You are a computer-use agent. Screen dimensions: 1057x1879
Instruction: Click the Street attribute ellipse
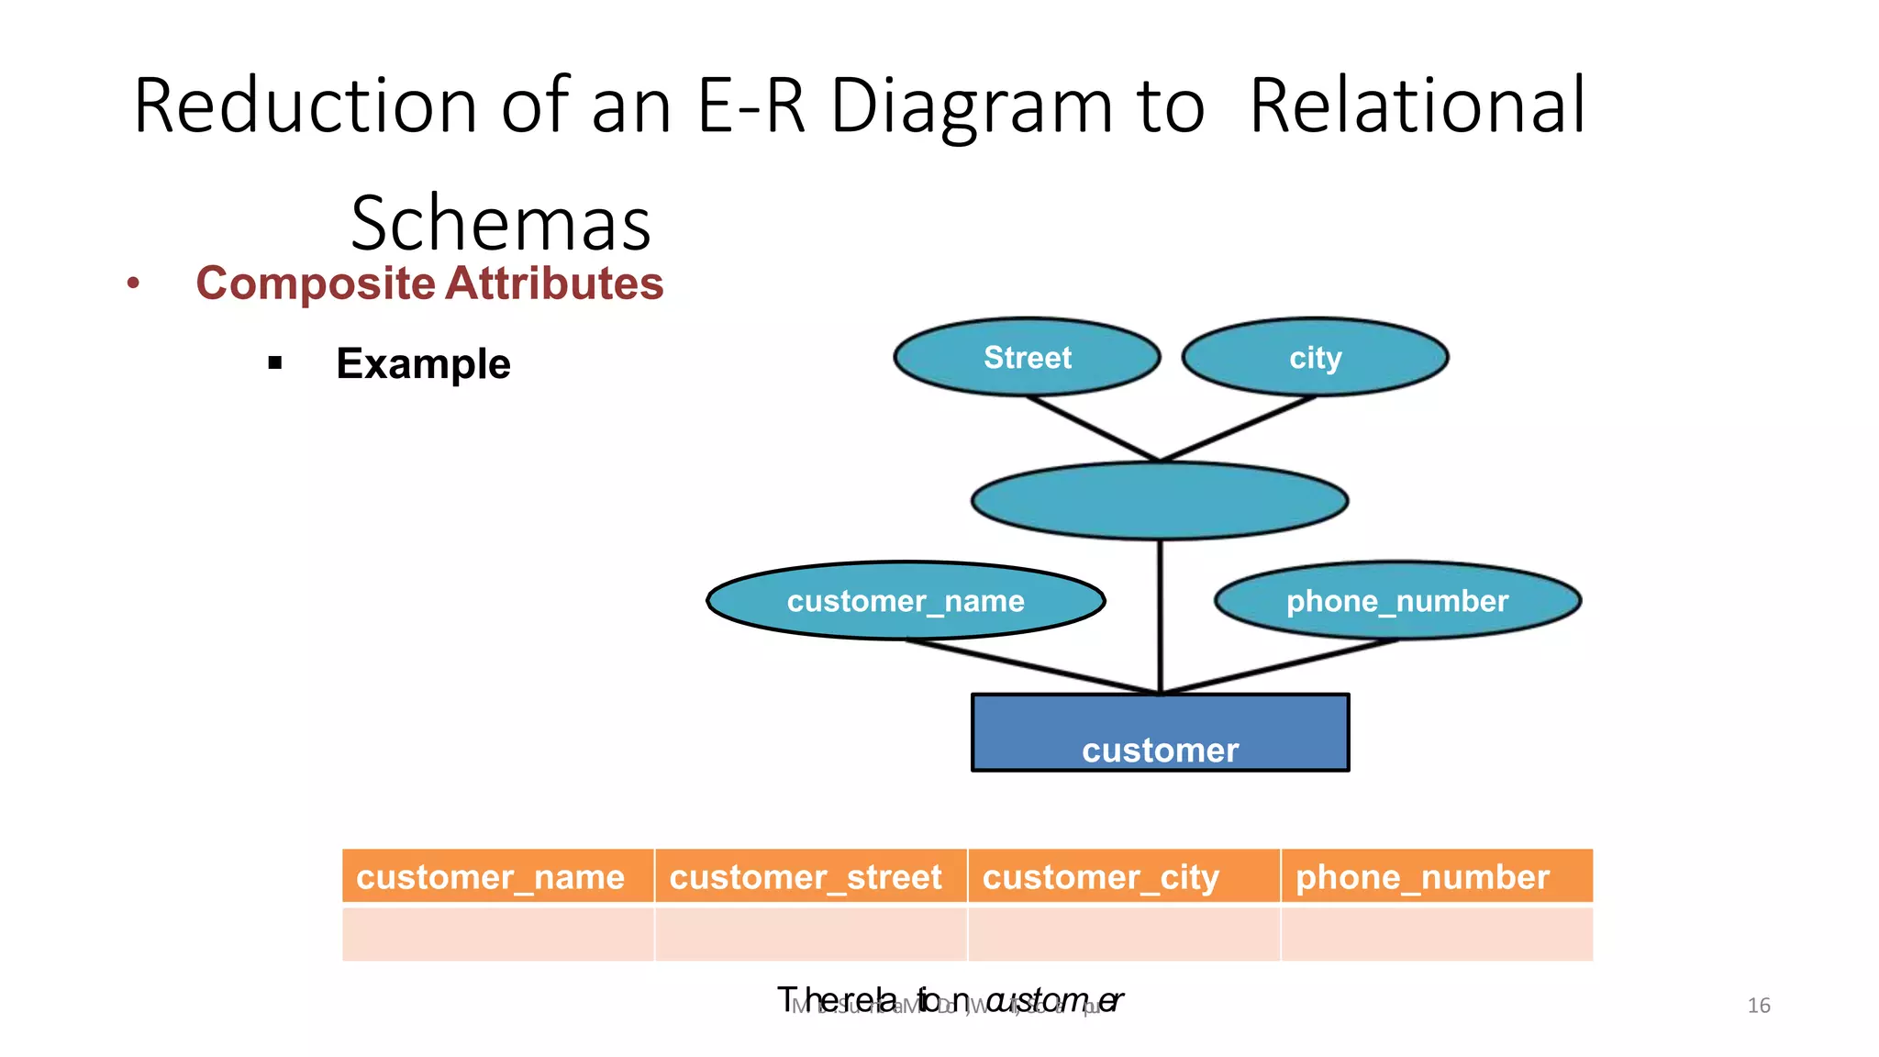(x=1027, y=357)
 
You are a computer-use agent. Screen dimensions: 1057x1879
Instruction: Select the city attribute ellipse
(x=1315, y=357)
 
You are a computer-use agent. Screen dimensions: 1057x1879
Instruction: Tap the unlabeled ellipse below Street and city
(x=1160, y=501)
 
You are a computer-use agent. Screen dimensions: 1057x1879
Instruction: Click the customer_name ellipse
(x=906, y=601)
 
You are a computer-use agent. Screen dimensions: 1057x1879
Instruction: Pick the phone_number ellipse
(x=1397, y=601)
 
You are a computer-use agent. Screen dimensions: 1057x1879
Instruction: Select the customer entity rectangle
(x=1160, y=732)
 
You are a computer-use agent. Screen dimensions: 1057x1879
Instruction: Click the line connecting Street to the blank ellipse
(x=1093, y=428)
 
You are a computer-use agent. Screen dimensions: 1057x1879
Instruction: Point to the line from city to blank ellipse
(x=1238, y=428)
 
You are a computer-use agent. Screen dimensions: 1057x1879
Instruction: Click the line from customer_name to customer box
(x=1032, y=666)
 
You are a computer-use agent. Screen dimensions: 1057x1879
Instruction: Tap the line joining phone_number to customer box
(x=1280, y=666)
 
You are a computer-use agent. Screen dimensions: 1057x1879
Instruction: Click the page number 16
(x=1758, y=1006)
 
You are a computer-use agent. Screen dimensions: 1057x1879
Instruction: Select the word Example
(x=423, y=363)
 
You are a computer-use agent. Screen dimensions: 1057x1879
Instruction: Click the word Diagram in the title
(x=971, y=106)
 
